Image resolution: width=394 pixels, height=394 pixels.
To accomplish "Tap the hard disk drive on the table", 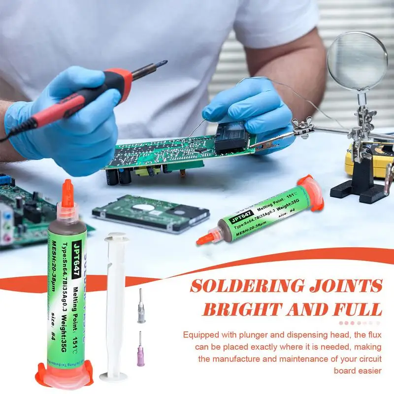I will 150,211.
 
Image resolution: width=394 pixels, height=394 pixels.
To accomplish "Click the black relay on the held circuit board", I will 231,135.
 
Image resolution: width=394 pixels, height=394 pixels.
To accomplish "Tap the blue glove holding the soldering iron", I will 69,123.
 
